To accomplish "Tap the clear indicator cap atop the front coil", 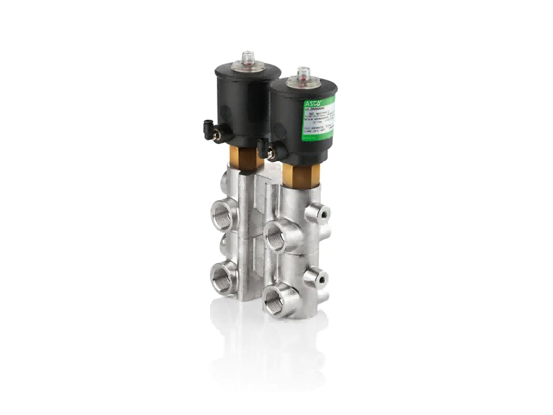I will pyautogui.click(x=302, y=74).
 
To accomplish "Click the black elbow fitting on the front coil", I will pyautogui.click(x=264, y=148).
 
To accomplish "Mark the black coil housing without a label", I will pyautogui.click(x=243, y=105).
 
